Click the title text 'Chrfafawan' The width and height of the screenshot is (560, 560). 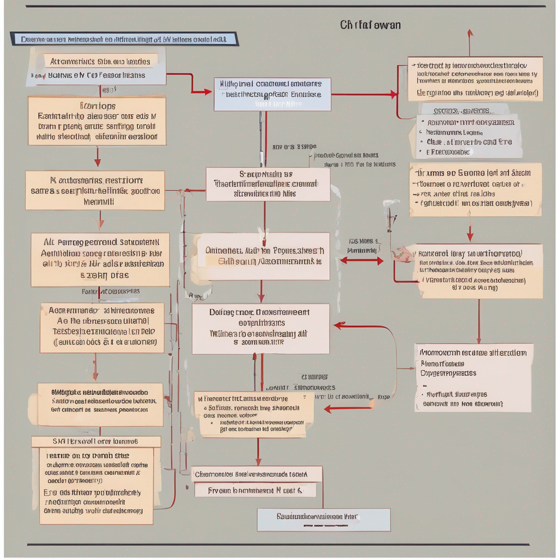point(370,25)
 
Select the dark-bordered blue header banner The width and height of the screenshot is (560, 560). point(124,39)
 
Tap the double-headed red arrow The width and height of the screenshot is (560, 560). point(361,261)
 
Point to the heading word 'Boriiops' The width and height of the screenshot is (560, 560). point(97,106)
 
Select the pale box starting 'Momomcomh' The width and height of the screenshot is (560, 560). point(472,377)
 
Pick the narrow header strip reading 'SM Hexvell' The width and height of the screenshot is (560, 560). point(96,441)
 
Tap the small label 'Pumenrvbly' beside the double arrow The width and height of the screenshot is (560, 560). point(361,250)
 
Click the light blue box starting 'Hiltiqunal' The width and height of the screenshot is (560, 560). point(272,94)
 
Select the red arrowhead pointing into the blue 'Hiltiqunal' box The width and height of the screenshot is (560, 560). point(208,92)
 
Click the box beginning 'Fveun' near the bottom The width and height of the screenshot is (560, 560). point(255,491)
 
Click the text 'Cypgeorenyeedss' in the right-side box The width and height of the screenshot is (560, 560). point(448,373)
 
